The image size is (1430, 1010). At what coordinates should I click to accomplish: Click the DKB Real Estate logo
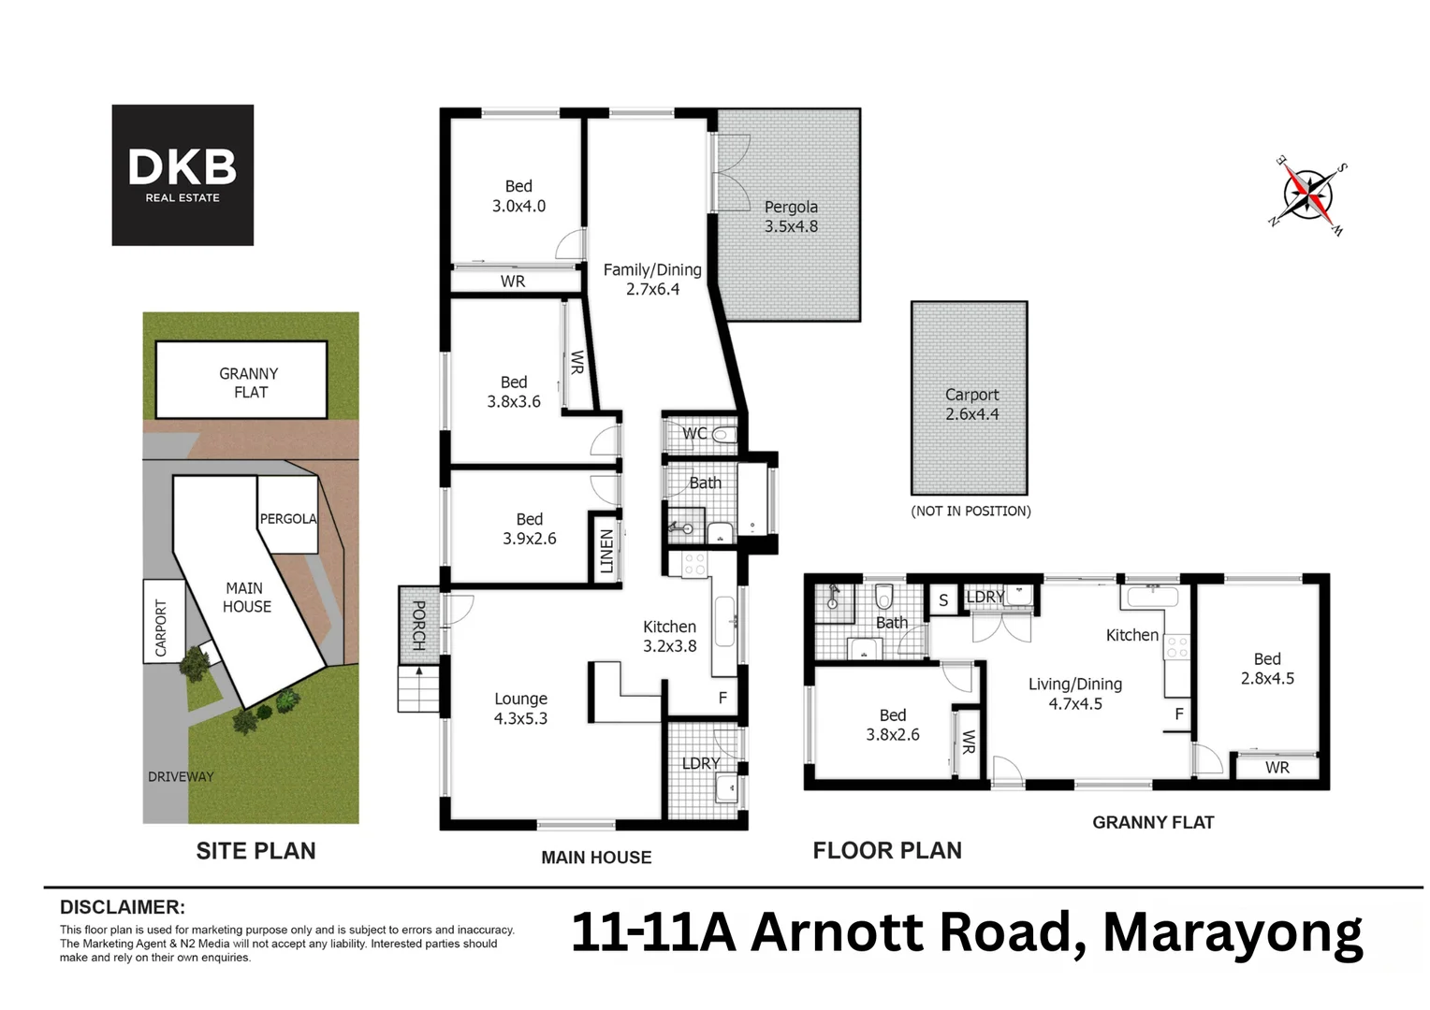pyautogui.click(x=182, y=175)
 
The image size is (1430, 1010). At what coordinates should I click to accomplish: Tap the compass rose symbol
pyautogui.click(x=1308, y=195)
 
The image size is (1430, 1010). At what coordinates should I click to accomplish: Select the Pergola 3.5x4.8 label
pyautogui.click(x=791, y=216)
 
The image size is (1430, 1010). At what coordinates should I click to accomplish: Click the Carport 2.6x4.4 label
pyautogui.click(x=971, y=404)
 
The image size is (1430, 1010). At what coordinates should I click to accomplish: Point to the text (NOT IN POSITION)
pyautogui.click(x=970, y=511)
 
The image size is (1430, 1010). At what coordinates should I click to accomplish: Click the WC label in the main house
pyautogui.click(x=694, y=433)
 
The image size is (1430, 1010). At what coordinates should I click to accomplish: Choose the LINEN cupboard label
pyautogui.click(x=606, y=552)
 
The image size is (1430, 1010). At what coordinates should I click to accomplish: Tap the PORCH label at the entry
pyautogui.click(x=418, y=625)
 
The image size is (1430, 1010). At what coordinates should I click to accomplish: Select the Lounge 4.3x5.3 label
pyautogui.click(x=520, y=708)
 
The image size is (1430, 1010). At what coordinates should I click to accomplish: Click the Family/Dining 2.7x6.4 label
pyautogui.click(x=652, y=279)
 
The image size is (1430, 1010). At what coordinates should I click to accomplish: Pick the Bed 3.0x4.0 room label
pyautogui.click(x=518, y=195)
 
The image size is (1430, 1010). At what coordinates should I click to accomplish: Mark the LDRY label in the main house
pyautogui.click(x=700, y=763)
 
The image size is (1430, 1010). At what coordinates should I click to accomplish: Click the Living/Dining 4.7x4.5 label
pyautogui.click(x=1074, y=694)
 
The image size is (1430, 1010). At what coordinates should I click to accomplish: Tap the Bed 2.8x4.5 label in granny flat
pyautogui.click(x=1267, y=669)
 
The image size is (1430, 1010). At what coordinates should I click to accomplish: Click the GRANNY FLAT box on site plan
pyautogui.click(x=241, y=380)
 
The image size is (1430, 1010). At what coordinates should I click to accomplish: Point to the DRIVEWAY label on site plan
pyautogui.click(x=181, y=776)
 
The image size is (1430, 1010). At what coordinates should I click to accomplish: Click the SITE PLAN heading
pyautogui.click(x=255, y=851)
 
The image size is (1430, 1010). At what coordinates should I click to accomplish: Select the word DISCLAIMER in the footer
pyautogui.click(x=123, y=907)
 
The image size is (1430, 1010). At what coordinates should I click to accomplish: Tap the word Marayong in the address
pyautogui.click(x=1232, y=932)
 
